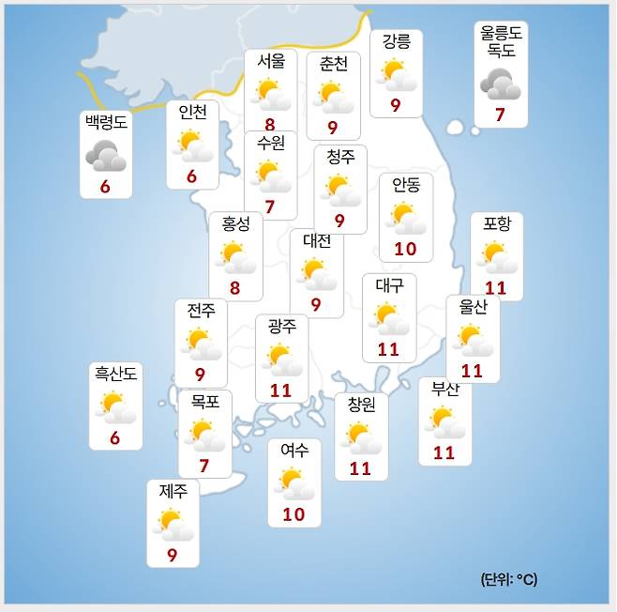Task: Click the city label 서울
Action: coord(271,61)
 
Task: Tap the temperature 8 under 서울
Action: coord(270,124)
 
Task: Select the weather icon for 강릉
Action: coord(395,73)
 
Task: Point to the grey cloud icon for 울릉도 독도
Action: coord(501,86)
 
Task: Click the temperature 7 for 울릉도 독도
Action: coord(501,115)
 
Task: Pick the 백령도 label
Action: coord(105,123)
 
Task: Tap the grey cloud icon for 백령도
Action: coord(105,155)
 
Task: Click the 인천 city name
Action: coord(192,112)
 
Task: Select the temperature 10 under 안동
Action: coord(405,249)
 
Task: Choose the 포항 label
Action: coord(497,224)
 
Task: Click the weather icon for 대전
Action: coord(316,273)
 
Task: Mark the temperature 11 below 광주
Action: coord(281,390)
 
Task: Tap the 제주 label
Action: coord(173,490)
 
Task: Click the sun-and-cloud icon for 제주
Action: coord(173,525)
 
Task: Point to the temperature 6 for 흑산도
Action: coord(114,438)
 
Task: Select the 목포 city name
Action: coord(204,401)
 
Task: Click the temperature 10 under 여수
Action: coord(293,514)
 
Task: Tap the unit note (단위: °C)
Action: coord(509,579)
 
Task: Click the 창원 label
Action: coord(361,405)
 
